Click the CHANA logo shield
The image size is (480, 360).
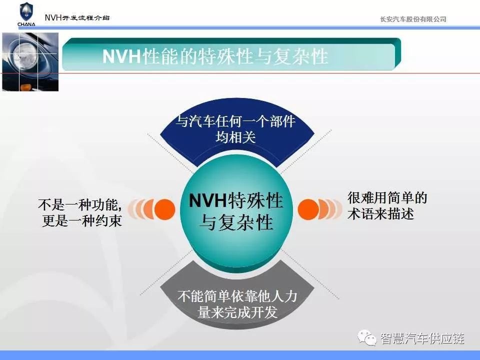tap(26, 12)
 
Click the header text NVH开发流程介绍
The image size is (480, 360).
tap(77, 17)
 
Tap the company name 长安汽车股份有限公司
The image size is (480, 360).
tap(413, 19)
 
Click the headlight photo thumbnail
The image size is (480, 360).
tap(30, 62)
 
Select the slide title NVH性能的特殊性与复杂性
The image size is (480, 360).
tap(215, 56)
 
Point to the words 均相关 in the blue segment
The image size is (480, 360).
tap(235, 137)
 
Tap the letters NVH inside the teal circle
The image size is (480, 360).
tap(208, 201)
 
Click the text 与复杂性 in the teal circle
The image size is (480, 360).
tap(236, 222)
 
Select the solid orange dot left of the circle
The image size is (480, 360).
tap(164, 209)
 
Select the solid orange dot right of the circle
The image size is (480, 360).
tap(308, 209)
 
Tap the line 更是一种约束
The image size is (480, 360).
tap(82, 220)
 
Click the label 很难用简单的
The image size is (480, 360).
tap(387, 197)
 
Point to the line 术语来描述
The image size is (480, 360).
tap(381, 213)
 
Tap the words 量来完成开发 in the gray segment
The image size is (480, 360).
tap(237, 312)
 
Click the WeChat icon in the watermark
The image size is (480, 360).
tap(367, 338)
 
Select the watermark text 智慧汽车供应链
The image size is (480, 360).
tap(422, 338)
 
